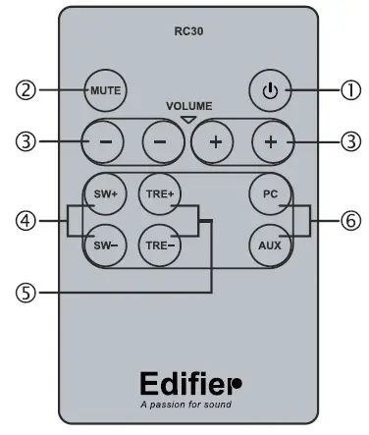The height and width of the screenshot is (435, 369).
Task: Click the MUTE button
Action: [103, 90]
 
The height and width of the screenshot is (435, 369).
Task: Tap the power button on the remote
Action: [268, 90]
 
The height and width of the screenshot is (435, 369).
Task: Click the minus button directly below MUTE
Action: [104, 140]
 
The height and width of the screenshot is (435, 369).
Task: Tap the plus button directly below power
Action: [268, 140]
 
